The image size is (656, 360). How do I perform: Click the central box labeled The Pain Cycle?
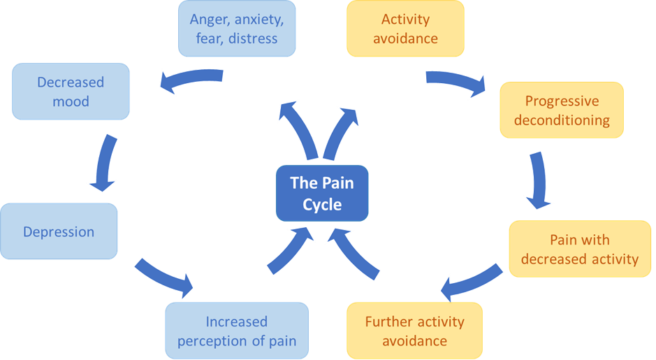[x=321, y=194]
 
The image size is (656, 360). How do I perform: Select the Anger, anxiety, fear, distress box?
[x=237, y=28]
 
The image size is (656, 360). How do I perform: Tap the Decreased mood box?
[x=71, y=92]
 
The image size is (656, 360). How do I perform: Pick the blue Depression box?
[x=59, y=231]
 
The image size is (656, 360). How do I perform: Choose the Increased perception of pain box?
[x=237, y=331]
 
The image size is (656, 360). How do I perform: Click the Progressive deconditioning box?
[x=561, y=110]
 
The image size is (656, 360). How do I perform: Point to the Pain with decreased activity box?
[x=579, y=250]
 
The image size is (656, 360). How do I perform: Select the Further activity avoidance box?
[x=414, y=331]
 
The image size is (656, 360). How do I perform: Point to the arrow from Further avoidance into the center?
[x=359, y=253]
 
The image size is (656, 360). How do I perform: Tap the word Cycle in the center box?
[x=322, y=204]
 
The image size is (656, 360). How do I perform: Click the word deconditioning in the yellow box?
[x=562, y=120]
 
